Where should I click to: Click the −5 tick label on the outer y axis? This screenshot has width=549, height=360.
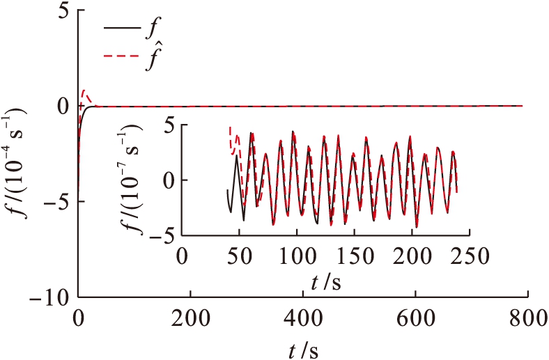tap(59, 202)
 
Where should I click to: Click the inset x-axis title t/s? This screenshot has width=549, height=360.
tap(326, 282)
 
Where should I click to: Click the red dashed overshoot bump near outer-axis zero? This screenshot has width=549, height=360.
tap(85, 93)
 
